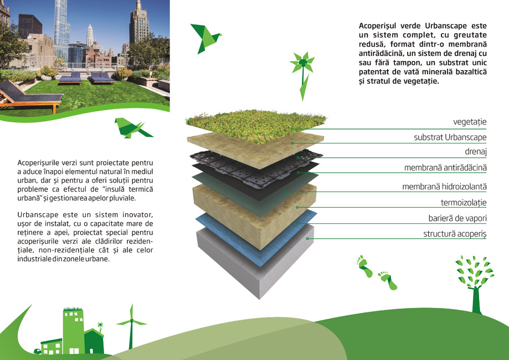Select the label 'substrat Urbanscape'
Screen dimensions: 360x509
pyautogui.click(x=450, y=137)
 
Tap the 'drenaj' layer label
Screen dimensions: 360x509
pyautogui.click(x=475, y=151)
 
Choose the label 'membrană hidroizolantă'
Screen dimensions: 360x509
pyautogui.click(x=444, y=187)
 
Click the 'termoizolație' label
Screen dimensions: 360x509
pyautogui.click(x=463, y=203)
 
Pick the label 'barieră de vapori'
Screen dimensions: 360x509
pyautogui.click(x=453, y=218)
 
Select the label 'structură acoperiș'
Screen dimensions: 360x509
pyautogui.click(x=455, y=234)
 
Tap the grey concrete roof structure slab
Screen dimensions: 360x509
pyautogui.click(x=260, y=271)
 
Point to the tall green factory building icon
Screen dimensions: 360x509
pyautogui.click(x=73, y=330)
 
